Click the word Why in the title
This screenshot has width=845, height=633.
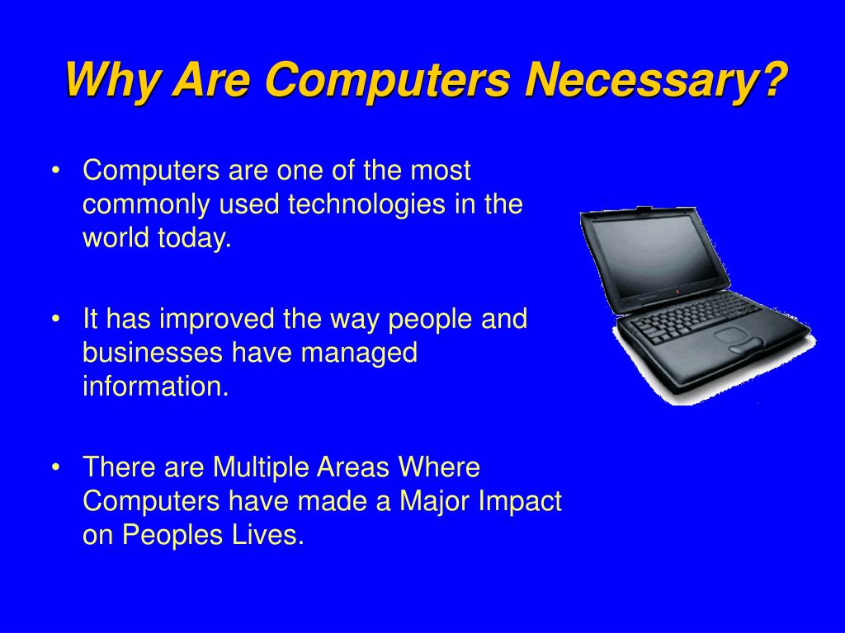pos(112,80)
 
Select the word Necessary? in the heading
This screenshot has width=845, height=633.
pos(655,80)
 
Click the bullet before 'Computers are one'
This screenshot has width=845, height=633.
pos(55,171)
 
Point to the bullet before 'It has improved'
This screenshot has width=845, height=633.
pos(55,319)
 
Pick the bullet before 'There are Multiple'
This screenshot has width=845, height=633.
pos(55,467)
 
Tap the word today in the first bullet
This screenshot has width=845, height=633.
pos(194,239)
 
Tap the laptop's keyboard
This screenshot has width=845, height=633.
pos(695,317)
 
